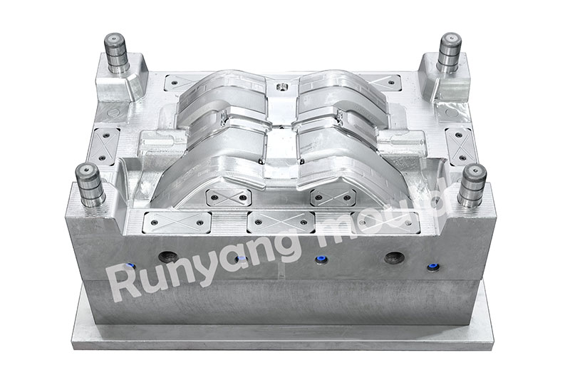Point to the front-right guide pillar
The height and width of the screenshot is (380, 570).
472,185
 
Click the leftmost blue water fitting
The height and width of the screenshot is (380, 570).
129,266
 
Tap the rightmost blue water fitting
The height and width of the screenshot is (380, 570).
432,267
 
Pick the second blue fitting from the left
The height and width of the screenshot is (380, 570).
241,260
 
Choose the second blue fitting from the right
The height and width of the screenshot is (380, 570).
320,260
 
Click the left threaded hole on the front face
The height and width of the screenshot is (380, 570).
167,257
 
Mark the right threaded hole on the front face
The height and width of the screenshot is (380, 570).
395,257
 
